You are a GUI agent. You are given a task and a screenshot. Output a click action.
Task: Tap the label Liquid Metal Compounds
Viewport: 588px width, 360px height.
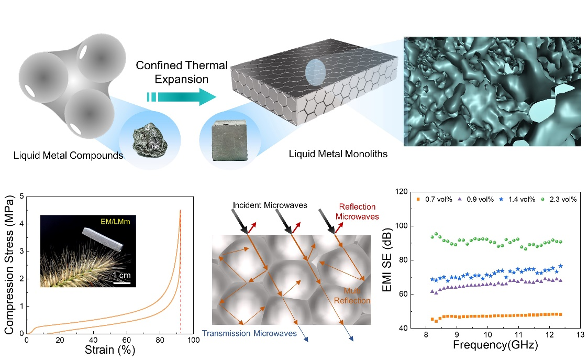68,155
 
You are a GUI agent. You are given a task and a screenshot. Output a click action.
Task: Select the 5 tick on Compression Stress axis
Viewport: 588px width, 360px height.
21,197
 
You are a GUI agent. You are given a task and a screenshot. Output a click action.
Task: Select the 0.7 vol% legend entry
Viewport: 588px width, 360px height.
433,199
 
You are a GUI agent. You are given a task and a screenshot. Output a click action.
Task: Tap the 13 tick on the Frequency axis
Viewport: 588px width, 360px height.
579,334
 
